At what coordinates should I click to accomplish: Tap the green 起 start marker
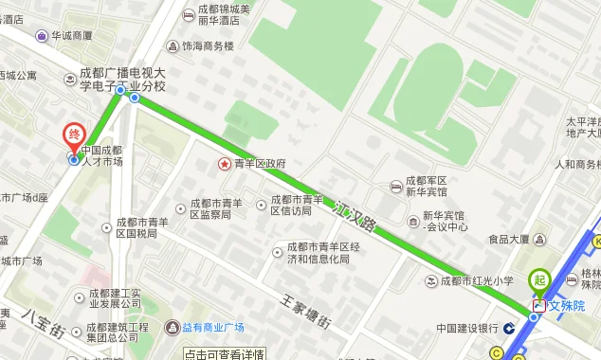[x=539, y=280]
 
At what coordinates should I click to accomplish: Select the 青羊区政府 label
[x=260, y=164]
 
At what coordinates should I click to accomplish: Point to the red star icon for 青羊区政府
[x=225, y=164]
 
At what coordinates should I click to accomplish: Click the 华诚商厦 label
[x=72, y=36]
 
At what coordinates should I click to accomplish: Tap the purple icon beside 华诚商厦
[x=42, y=36]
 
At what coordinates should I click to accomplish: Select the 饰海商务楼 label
[x=208, y=45]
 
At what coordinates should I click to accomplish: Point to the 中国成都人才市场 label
[x=101, y=155]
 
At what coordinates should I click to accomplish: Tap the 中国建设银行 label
[x=467, y=329]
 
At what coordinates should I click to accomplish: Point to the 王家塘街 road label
[x=305, y=312]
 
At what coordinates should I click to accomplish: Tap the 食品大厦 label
[x=509, y=240]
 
